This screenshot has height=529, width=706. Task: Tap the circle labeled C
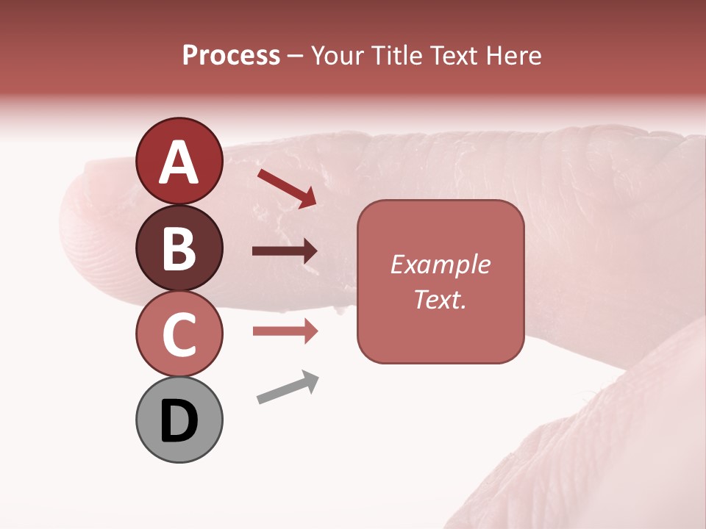pyautogui.click(x=179, y=334)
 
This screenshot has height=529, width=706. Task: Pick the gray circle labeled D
pyautogui.click(x=179, y=420)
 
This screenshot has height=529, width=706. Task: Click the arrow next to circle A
pyautogui.click(x=288, y=188)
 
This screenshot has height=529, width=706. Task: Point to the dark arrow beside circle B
pyautogui.click(x=285, y=251)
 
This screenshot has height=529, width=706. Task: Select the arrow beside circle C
pyautogui.click(x=285, y=331)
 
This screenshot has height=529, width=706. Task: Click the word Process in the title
pyautogui.click(x=231, y=56)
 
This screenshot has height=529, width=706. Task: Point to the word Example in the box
pyautogui.click(x=440, y=264)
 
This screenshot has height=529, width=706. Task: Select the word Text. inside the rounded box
pyautogui.click(x=440, y=299)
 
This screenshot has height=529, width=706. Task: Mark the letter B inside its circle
pyautogui.click(x=179, y=248)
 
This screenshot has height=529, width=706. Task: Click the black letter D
pyautogui.click(x=179, y=421)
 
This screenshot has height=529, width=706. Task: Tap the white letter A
pyautogui.click(x=179, y=162)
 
